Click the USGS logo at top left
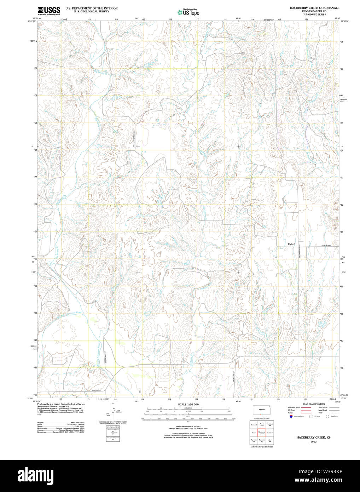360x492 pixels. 48,10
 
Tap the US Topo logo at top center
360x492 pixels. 188,12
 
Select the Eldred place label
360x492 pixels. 291,244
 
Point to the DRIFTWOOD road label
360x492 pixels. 326,245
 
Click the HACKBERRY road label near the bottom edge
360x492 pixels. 97,390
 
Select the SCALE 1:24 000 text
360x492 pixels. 188,405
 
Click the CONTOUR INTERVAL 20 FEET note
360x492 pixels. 188,427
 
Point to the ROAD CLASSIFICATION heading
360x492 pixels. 314,404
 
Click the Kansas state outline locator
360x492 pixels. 262,410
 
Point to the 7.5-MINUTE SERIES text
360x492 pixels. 314,14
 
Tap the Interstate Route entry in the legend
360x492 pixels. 294,408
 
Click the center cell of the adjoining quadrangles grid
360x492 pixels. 262,433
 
